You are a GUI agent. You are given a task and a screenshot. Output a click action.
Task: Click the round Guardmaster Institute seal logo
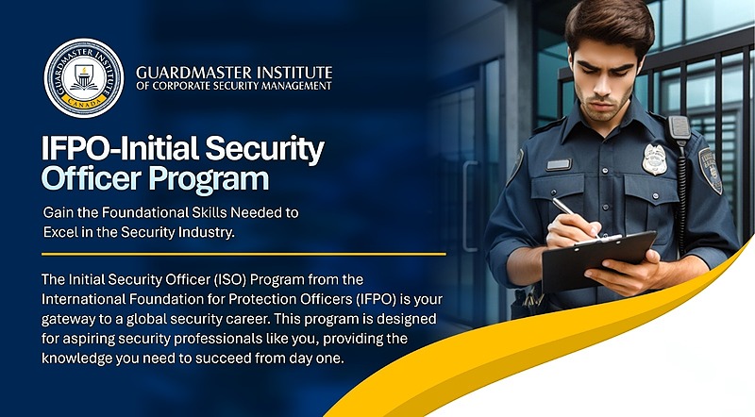click(x=84, y=78)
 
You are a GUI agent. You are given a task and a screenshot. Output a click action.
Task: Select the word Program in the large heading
click(x=209, y=180)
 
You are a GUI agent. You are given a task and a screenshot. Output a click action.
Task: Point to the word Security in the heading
click(x=265, y=149)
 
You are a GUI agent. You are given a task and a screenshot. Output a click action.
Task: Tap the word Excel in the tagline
click(x=59, y=232)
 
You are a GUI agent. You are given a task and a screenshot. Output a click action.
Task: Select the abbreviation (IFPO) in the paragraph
click(x=377, y=299)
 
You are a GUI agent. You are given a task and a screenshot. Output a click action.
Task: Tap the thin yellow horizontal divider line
click(x=243, y=254)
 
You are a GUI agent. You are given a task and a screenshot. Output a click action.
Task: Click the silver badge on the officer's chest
click(x=654, y=159)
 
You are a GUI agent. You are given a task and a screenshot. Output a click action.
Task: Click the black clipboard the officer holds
click(x=597, y=260)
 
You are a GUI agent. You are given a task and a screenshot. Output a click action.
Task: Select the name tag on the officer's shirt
click(x=559, y=165)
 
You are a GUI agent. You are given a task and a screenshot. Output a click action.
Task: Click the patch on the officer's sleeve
click(x=711, y=171)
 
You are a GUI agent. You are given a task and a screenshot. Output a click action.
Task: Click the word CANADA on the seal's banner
click(x=84, y=102)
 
